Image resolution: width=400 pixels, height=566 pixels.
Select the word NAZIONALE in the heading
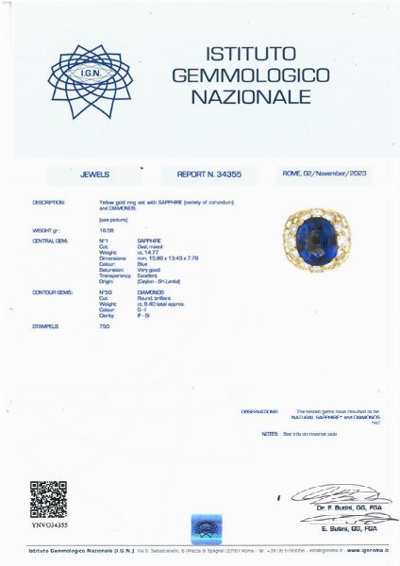point(250,96)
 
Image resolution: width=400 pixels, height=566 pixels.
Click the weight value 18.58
point(106,230)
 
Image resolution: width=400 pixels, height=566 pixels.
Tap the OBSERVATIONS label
point(259,411)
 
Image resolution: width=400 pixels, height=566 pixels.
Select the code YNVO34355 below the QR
point(49,525)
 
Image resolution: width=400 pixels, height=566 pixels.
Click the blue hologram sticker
point(206,525)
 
